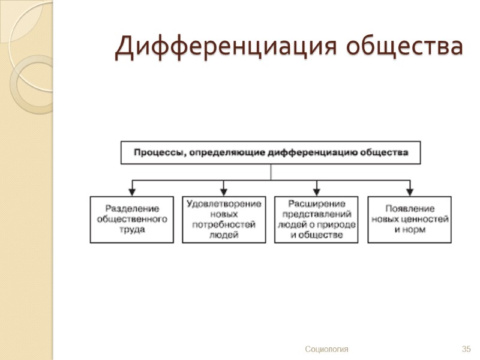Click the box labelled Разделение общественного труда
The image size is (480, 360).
(132, 220)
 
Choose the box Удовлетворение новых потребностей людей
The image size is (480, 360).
(224, 220)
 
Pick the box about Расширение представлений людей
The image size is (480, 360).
(316, 220)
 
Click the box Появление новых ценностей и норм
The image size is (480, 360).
(410, 220)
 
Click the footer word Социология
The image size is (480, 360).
(326, 349)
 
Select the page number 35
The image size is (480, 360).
(466, 349)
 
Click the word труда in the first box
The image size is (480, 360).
(132, 230)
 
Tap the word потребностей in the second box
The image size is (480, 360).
(224, 224)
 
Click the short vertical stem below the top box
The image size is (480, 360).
(271, 172)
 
